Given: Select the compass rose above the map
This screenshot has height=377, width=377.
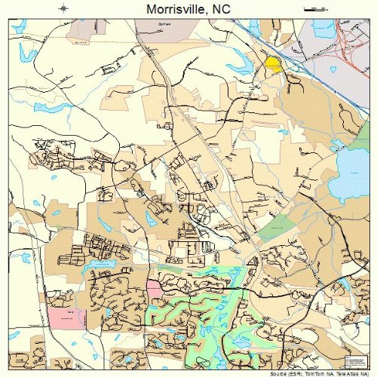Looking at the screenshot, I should click(x=64, y=8).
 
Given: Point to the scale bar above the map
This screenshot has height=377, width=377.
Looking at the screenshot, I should click(x=312, y=8).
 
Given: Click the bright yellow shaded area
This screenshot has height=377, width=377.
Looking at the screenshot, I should click(x=273, y=65).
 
